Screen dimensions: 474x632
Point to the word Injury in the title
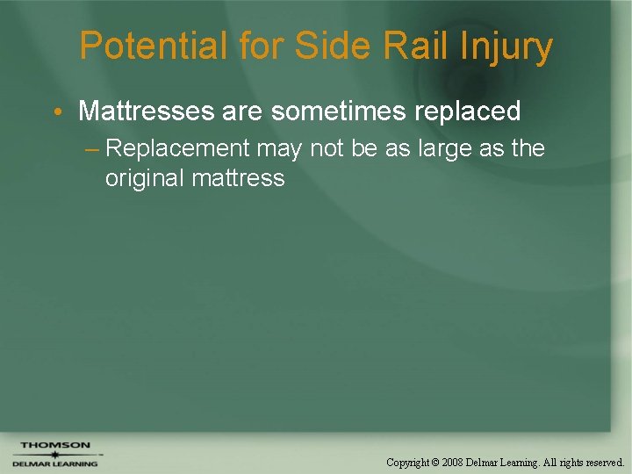[x=506, y=47]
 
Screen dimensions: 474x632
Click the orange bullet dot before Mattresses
[x=56, y=112]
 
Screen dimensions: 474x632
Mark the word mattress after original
[x=238, y=178]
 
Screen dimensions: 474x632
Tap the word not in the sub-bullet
[x=327, y=148]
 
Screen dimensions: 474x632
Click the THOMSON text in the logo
[x=54, y=445]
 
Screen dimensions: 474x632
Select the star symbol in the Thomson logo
[x=54, y=454]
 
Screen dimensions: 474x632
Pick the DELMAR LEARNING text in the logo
[x=54, y=463]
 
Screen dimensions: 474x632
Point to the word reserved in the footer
[x=600, y=461]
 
